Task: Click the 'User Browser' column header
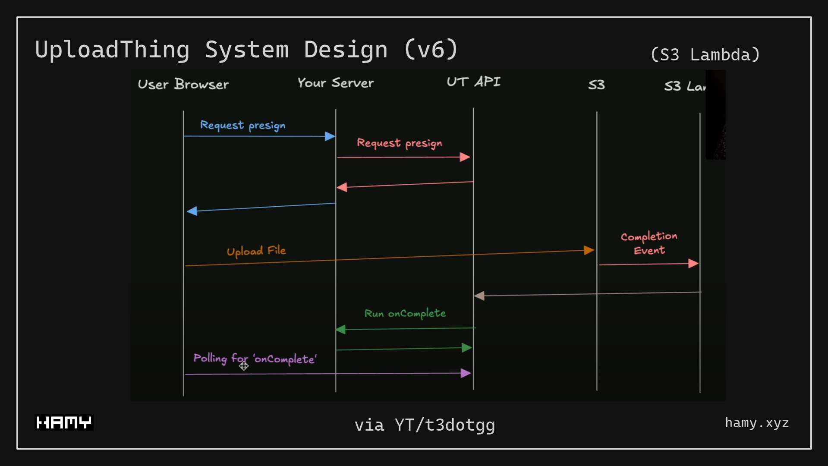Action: tap(183, 84)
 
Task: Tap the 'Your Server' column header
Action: tap(336, 83)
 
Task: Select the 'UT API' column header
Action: tap(473, 82)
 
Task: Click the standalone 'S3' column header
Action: tap(596, 85)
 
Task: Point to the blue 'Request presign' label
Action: tap(242, 125)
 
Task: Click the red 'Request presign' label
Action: tap(399, 143)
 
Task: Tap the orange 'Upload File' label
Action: tap(256, 251)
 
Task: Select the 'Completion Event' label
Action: tap(649, 243)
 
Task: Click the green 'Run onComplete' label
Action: tap(405, 313)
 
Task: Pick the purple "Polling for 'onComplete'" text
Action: tap(255, 359)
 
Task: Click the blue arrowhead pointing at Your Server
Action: tap(330, 136)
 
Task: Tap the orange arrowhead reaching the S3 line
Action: tap(589, 250)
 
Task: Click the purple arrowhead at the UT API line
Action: tap(466, 373)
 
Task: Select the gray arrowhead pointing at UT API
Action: tap(479, 296)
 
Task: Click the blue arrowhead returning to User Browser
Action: tap(192, 211)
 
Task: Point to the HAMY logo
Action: tap(64, 422)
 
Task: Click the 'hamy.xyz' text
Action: tap(757, 423)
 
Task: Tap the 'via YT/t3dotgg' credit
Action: tap(425, 425)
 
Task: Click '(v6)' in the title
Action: tap(431, 49)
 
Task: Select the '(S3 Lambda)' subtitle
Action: tap(705, 55)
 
